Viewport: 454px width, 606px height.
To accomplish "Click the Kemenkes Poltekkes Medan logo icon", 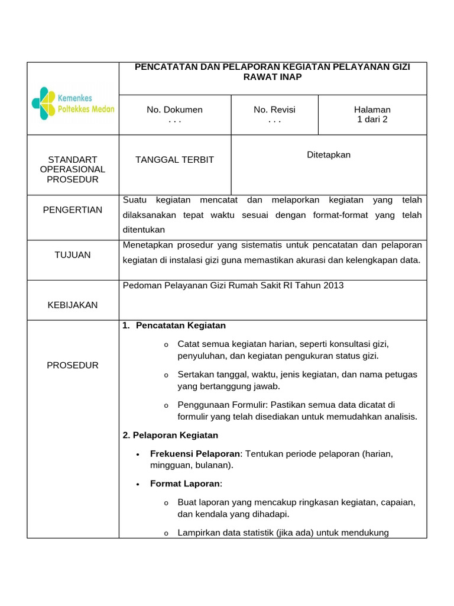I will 44,103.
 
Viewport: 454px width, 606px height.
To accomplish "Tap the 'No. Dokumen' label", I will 174,109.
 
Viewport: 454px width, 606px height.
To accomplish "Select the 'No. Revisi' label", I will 274,109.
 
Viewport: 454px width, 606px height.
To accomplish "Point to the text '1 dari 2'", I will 372,119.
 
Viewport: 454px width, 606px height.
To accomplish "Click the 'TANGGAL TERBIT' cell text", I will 174,160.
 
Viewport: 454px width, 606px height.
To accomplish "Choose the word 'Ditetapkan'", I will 329,154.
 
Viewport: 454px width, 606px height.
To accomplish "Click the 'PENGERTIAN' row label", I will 73,209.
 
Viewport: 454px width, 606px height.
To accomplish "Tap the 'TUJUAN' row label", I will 73,254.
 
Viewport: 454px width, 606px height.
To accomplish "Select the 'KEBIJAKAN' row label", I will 73,305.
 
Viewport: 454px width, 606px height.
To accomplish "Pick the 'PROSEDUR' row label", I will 73,365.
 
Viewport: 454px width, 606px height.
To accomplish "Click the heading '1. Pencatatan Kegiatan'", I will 174,325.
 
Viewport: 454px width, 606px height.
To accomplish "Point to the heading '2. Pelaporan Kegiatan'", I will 170,435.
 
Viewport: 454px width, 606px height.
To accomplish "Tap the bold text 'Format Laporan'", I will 184,483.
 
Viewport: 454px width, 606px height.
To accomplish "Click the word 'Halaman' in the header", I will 372,109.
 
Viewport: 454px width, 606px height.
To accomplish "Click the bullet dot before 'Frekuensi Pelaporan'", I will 137,454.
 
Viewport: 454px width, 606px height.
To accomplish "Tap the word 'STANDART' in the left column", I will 73,159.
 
